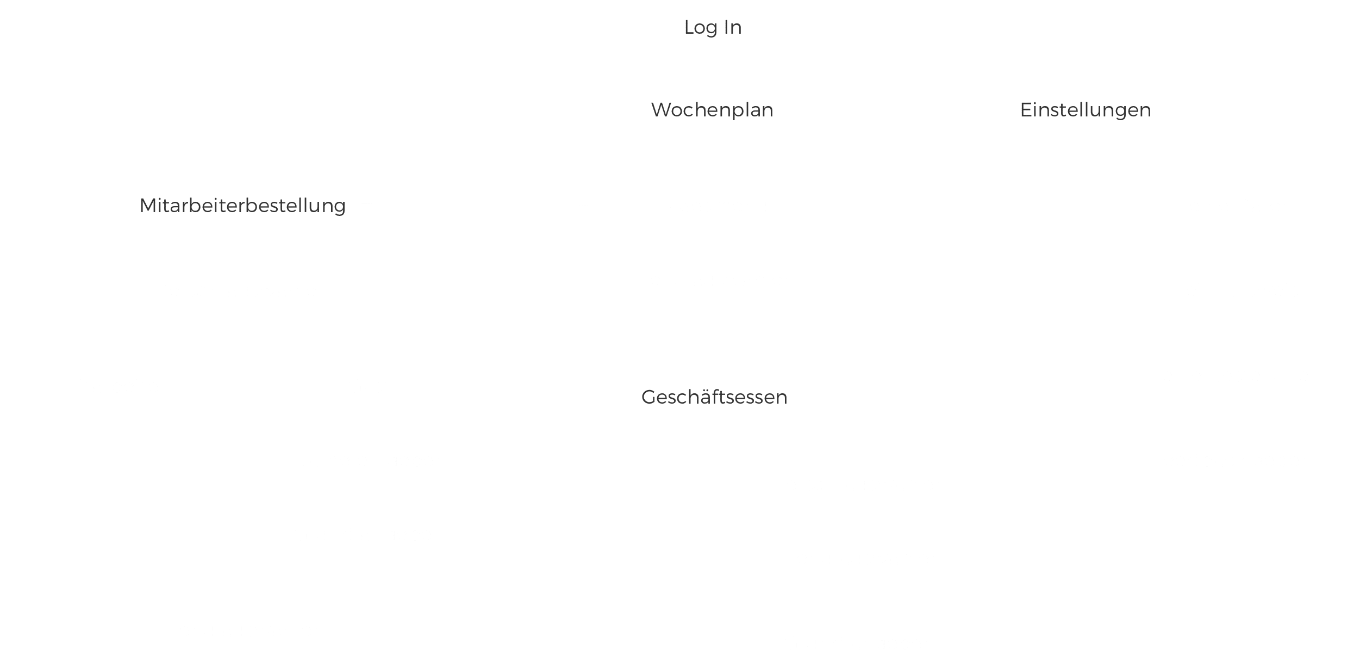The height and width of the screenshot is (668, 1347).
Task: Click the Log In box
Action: pos(713,26)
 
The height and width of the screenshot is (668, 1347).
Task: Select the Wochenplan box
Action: pos(713,109)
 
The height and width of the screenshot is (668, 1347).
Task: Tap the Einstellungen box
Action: pos(1086,109)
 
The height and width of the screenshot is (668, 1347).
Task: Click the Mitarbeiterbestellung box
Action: pos(242,205)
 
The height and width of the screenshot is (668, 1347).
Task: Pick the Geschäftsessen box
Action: pos(714,396)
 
